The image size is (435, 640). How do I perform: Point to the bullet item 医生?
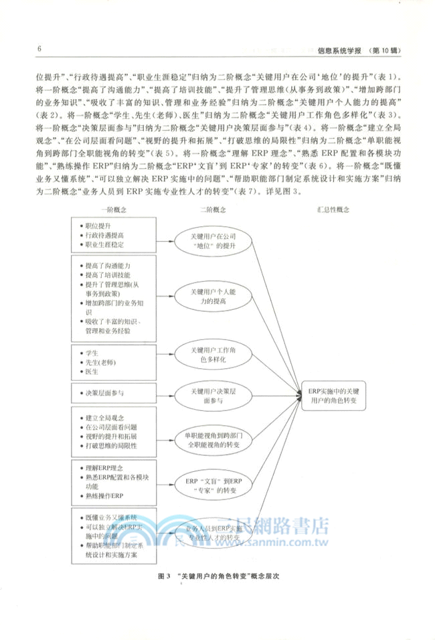pos(92,372)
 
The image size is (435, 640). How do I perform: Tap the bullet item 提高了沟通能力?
pos(107,266)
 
